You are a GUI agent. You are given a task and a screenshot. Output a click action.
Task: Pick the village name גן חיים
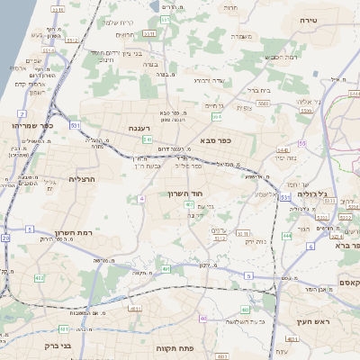click(x=212, y=105)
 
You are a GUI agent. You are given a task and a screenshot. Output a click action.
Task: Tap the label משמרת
click(x=241, y=37)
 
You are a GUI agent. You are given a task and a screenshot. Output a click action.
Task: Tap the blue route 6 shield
click(x=310, y=246)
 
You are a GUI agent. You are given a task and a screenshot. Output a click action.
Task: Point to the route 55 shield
click(x=302, y=143)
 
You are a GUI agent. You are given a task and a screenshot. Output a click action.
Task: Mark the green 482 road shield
click(x=40, y=278)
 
